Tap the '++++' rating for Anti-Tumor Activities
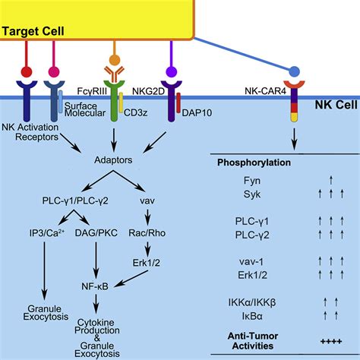click(318, 336)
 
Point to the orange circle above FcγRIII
click(115, 58)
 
